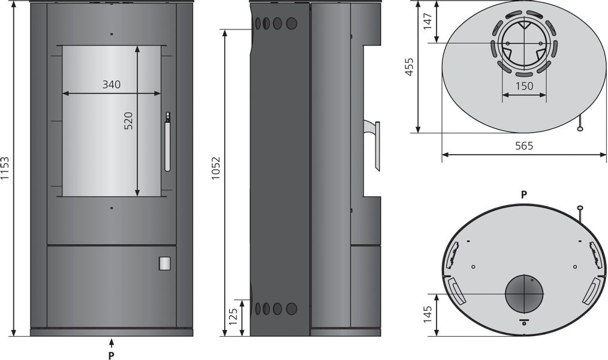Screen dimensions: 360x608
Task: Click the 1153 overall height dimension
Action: click(5, 169)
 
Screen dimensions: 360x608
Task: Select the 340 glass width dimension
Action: click(111, 85)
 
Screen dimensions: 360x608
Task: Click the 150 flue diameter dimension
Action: click(524, 86)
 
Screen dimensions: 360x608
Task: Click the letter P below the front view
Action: click(112, 355)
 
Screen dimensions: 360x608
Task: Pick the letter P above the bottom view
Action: click(523, 194)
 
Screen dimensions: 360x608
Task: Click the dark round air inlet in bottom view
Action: click(524, 294)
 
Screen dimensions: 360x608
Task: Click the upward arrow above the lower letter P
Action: click(112, 343)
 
